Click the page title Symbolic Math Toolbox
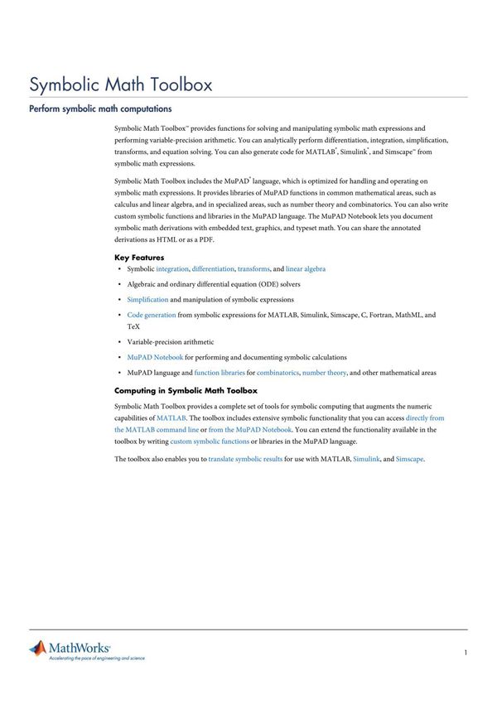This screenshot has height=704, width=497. pyautogui.click(x=121, y=84)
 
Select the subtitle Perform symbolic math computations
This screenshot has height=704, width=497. pyautogui.click(x=100, y=108)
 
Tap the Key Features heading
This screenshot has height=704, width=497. pyautogui.click(x=139, y=258)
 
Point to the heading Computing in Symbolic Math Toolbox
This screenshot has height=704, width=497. pyautogui.click(x=186, y=390)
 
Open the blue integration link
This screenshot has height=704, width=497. pyautogui.click(x=172, y=269)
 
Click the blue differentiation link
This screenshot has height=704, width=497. pyautogui.click(x=213, y=269)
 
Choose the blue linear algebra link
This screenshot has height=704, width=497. pyautogui.click(x=306, y=269)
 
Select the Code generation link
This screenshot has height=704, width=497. pyautogui.click(x=152, y=316)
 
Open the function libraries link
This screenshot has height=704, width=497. pyautogui.click(x=220, y=374)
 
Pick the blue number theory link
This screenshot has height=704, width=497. pyautogui.click(x=325, y=374)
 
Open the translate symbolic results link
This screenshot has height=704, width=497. pyautogui.click(x=245, y=459)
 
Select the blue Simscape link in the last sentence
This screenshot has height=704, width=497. pyautogui.click(x=409, y=459)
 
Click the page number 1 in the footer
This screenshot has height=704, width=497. pyautogui.click(x=466, y=653)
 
